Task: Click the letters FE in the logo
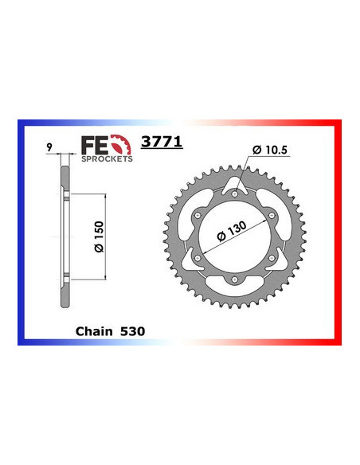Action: click(x=92, y=146)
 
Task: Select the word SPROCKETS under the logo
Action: click(x=108, y=158)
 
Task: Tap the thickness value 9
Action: click(x=49, y=147)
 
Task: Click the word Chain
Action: click(x=96, y=328)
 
